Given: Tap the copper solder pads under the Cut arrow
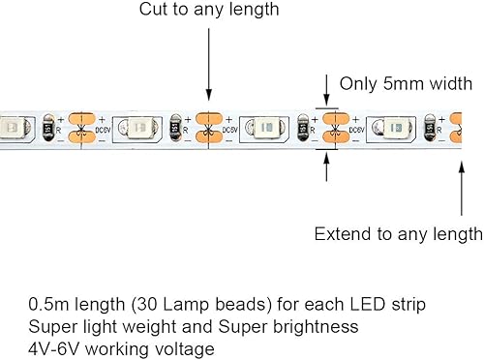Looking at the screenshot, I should tap(206, 127).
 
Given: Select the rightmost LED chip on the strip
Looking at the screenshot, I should tap(399, 127).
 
